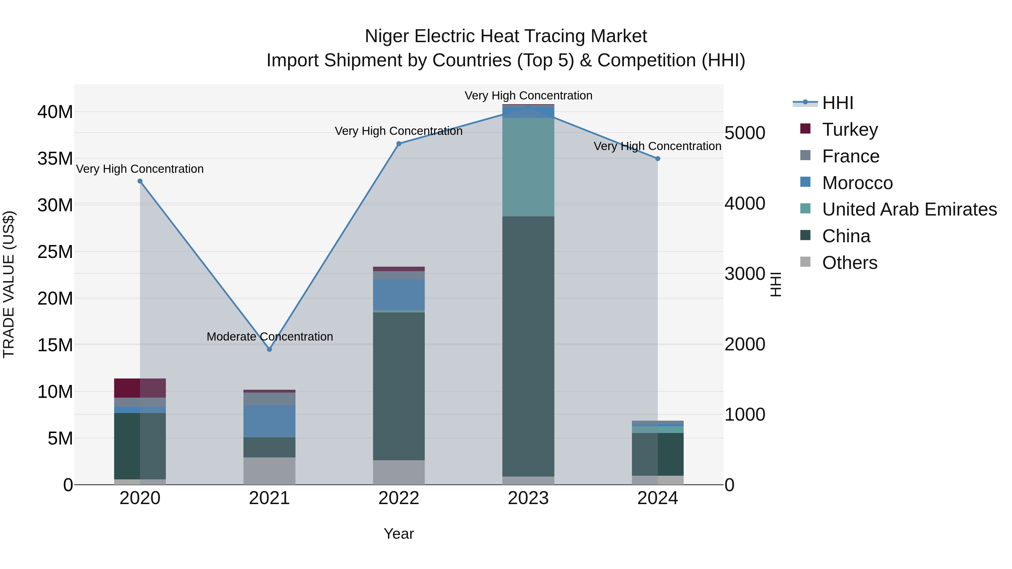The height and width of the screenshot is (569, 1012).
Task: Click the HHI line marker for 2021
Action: click(270, 349)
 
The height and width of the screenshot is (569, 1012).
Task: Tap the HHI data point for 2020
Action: click(140, 181)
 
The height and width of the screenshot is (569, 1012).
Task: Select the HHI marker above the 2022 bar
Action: click(399, 144)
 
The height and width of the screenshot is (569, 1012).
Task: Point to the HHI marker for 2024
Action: click(658, 159)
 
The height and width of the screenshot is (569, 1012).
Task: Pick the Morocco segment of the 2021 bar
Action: click(270, 421)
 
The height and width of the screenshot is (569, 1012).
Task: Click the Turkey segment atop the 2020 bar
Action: click(140, 388)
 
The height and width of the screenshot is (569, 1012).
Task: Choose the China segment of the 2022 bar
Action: click(399, 386)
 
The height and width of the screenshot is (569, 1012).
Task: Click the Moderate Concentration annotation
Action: click(270, 337)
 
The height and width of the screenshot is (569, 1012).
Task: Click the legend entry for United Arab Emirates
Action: click(909, 209)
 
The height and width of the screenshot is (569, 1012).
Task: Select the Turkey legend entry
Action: click(850, 130)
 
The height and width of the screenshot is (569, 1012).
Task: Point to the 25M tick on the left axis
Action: click(55, 252)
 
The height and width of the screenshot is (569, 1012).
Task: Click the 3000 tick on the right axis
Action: click(744, 274)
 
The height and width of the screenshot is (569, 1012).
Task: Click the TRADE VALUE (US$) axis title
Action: click(9, 284)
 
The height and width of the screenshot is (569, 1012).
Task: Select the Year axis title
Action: click(399, 534)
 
